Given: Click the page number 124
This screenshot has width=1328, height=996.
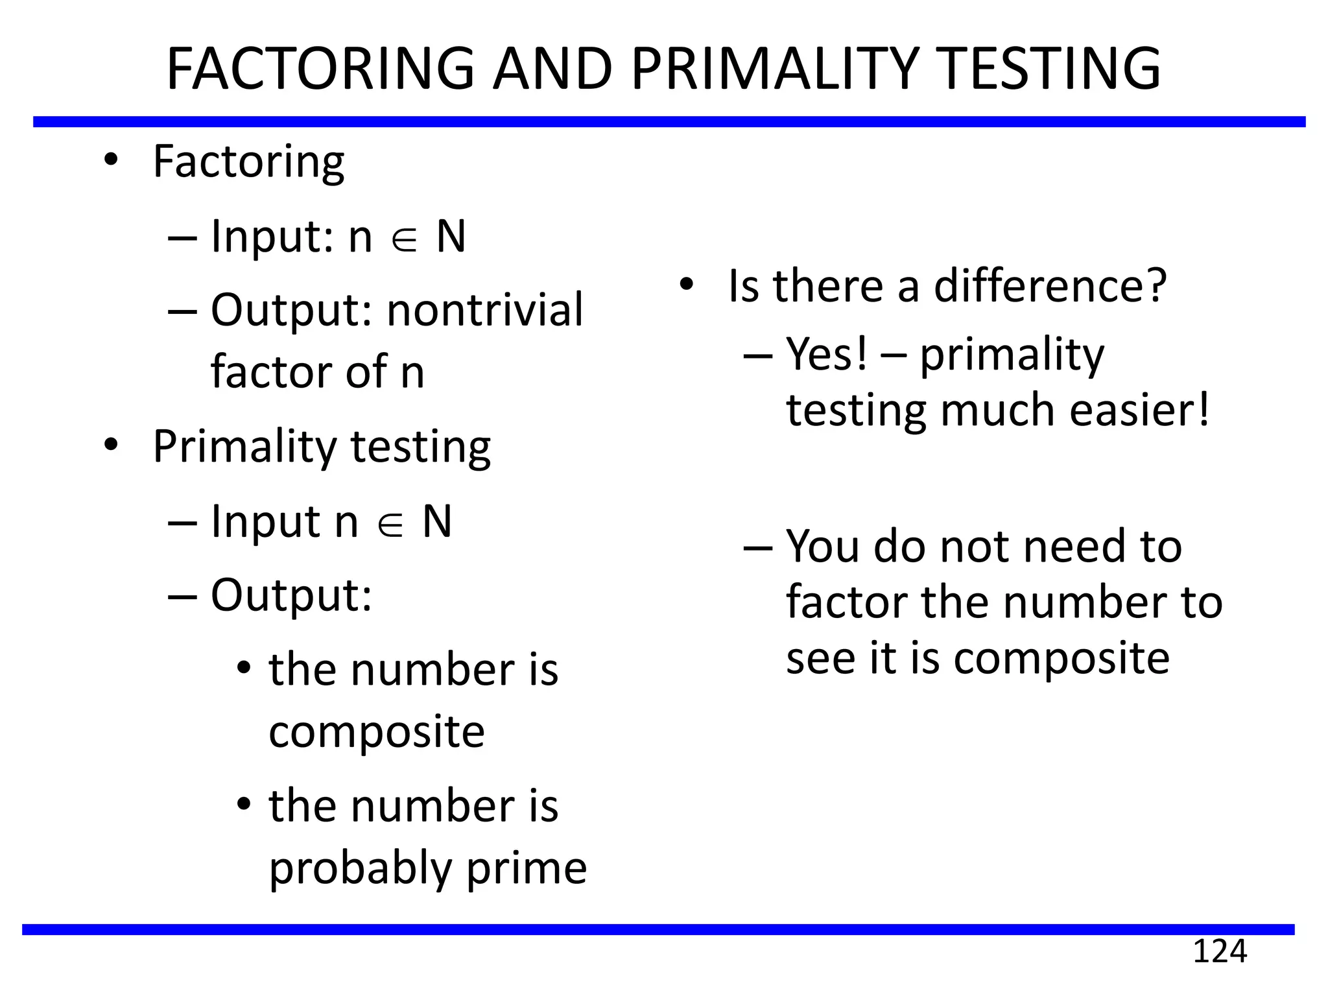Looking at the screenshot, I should coord(1220,952).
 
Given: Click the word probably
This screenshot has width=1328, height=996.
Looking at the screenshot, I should coord(361,869).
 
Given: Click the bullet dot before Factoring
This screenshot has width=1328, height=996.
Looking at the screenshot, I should coord(111,160).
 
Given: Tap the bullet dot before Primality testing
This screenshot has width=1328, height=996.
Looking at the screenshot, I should coord(111,445).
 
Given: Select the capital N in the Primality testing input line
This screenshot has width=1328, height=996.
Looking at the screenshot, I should coord(437,521).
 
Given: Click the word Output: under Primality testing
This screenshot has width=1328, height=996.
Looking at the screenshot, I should coord(291,595).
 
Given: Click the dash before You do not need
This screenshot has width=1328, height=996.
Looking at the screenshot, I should coord(758,547).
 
